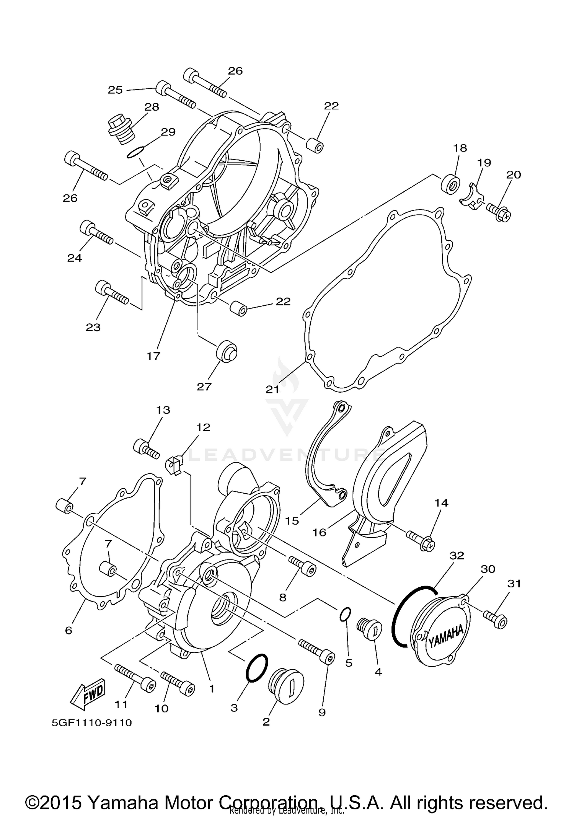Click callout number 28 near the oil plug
(x=152, y=107)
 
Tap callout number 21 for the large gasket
(x=272, y=390)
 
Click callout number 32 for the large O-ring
(x=457, y=555)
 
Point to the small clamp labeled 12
(x=174, y=465)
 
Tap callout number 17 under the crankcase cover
(x=153, y=356)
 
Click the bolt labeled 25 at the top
(x=176, y=94)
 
